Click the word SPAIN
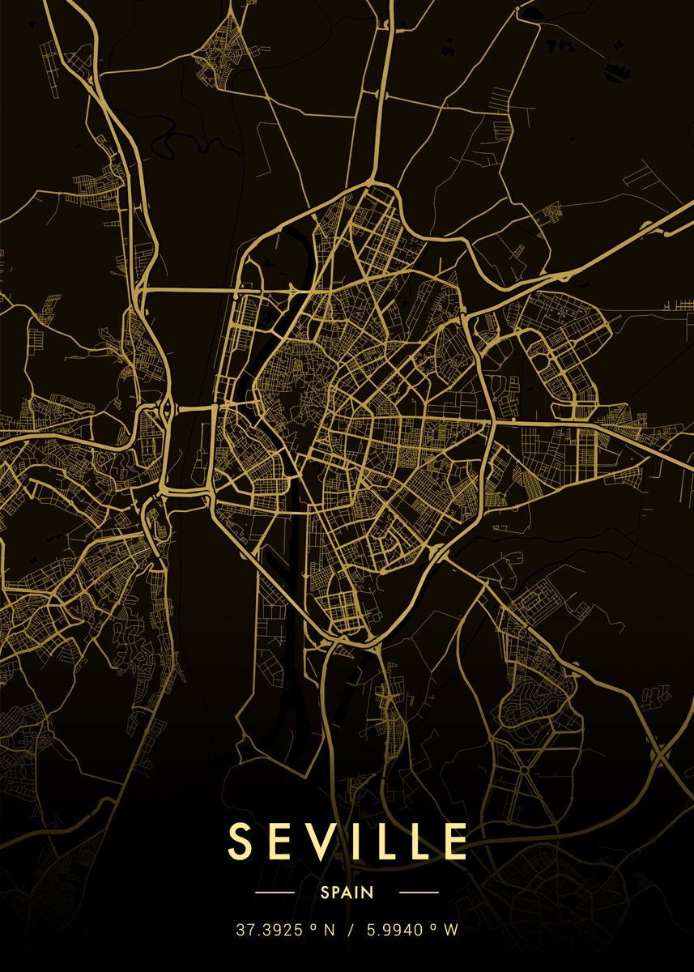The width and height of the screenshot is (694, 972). tap(347, 893)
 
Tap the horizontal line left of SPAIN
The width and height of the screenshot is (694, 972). tap(275, 893)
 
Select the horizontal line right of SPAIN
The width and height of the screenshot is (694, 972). tap(419, 893)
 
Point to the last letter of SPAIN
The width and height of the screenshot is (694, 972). tap(368, 893)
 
